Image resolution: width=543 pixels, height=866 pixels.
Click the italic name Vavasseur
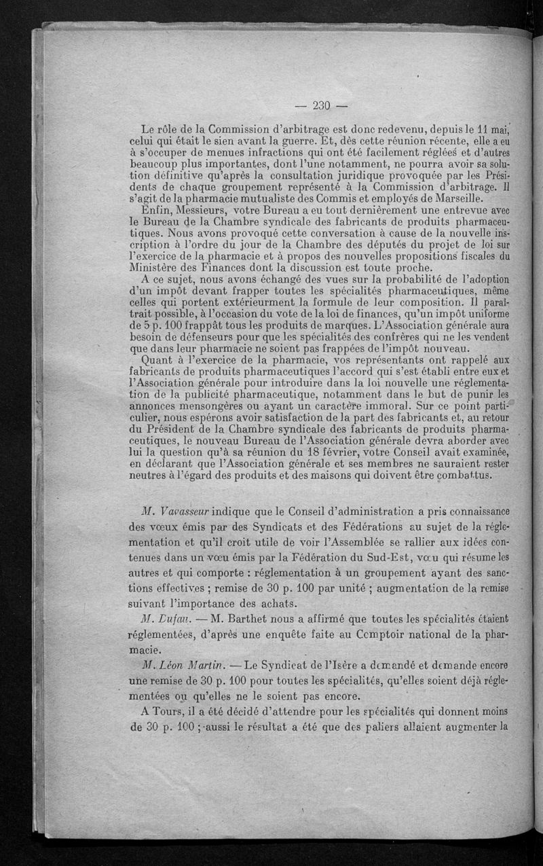point(176,511)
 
